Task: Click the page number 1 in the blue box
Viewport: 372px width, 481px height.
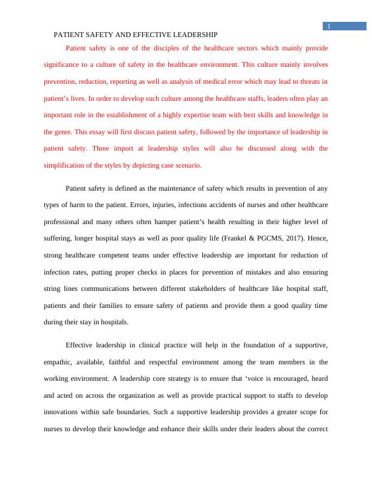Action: pyautogui.click(x=328, y=26)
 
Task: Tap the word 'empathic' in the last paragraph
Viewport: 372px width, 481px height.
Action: pyautogui.click(x=60, y=362)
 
